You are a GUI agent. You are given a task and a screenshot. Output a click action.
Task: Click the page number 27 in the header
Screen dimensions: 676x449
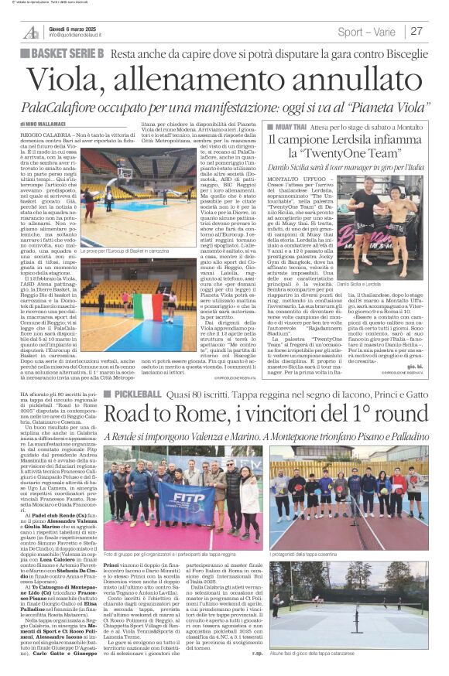click(x=417, y=32)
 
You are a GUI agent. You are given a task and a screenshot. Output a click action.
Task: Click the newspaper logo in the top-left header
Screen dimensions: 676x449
click(x=31, y=32)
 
